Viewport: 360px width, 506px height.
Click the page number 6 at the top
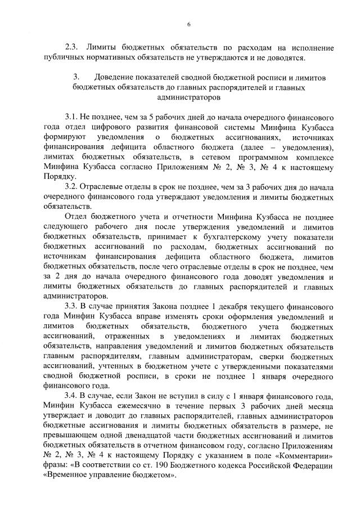coord(189,24)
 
